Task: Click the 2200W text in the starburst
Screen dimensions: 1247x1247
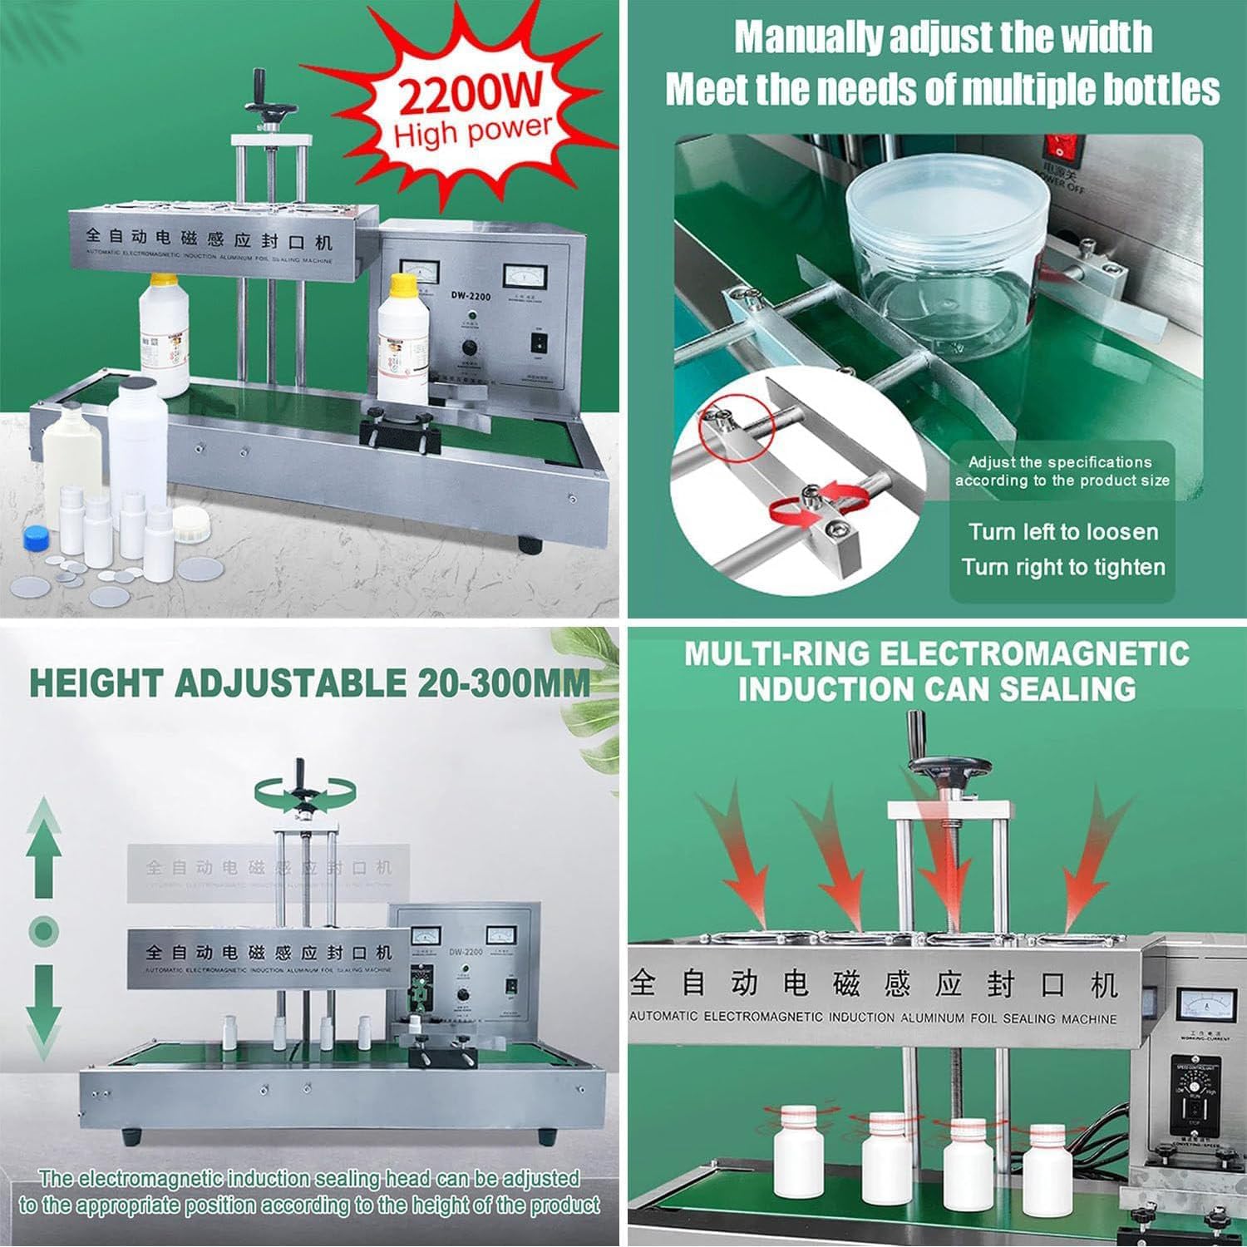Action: coord(470,92)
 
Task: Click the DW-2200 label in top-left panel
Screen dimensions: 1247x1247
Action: coord(471,295)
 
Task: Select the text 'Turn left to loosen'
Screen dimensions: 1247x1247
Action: coord(1062,532)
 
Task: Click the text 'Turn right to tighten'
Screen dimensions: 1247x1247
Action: coord(1062,568)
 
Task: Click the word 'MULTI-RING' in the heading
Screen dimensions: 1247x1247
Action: coord(778,654)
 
